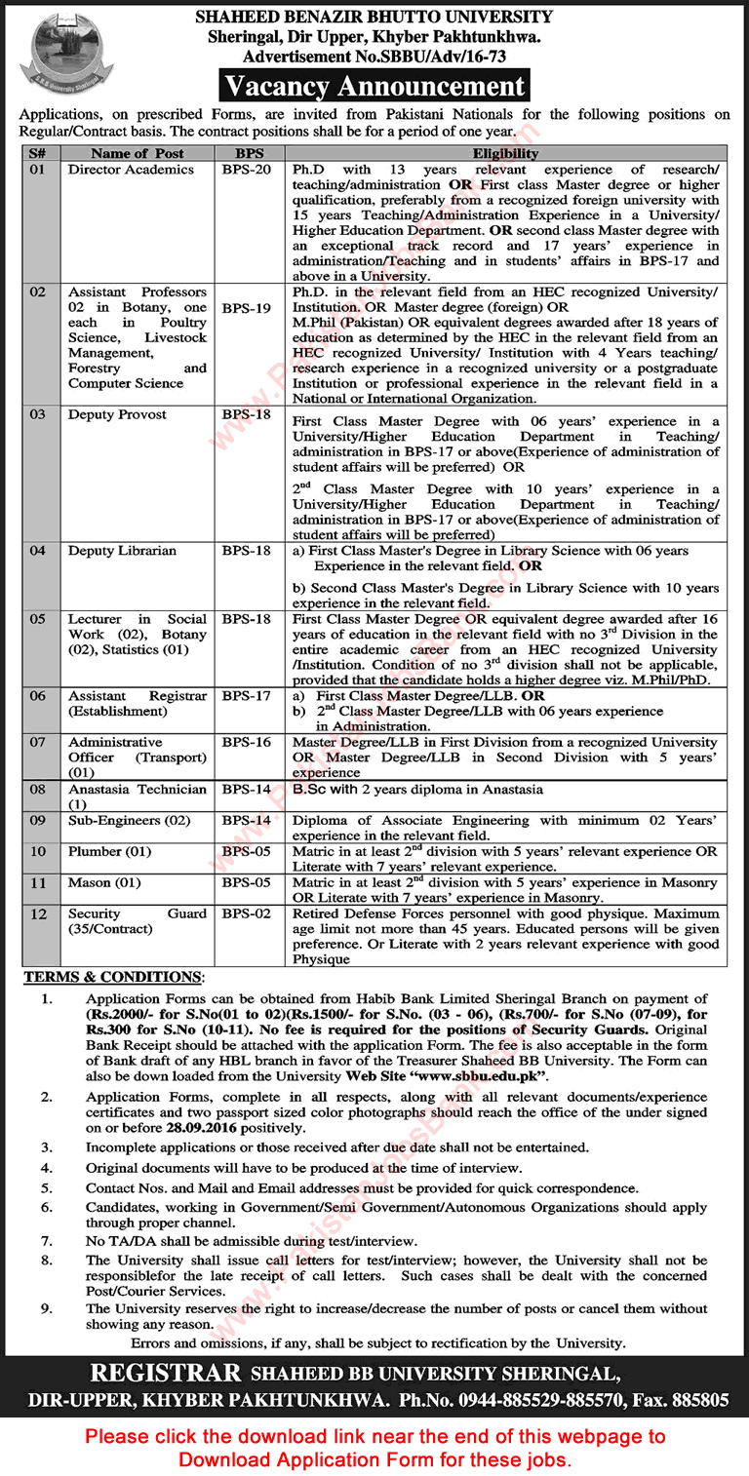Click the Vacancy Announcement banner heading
click(375, 86)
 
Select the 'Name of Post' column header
click(137, 153)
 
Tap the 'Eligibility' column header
click(505, 153)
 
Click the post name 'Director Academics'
click(131, 170)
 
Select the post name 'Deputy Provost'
click(117, 415)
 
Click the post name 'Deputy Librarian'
click(122, 551)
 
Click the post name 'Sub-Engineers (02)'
click(129, 821)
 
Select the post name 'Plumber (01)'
click(108, 852)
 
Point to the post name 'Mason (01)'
click(104, 883)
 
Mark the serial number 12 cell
click(37, 914)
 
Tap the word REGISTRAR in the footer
click(166, 1374)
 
